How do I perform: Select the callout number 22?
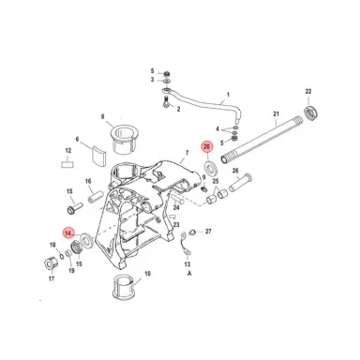click(x=307, y=91)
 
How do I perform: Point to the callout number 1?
click(x=226, y=95)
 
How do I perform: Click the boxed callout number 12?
click(x=68, y=150)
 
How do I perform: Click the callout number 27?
click(x=208, y=231)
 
